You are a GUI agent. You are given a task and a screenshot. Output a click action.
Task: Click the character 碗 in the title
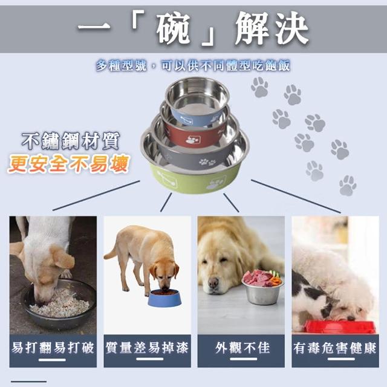173,28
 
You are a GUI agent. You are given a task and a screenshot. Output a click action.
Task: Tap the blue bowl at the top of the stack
197,101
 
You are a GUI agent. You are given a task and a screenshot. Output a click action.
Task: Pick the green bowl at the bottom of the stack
195,178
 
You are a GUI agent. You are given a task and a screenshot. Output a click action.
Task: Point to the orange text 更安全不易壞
68,164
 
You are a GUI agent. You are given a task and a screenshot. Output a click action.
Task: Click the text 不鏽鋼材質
71,141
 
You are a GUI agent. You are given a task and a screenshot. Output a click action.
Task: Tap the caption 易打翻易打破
53,348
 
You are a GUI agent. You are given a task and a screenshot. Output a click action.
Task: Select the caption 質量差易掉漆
147,348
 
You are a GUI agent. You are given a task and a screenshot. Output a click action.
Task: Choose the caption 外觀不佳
242,348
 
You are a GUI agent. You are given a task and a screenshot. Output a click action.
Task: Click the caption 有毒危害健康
335,348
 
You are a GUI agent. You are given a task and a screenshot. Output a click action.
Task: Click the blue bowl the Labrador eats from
164,298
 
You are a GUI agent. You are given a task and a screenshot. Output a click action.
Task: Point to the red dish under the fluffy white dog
340,327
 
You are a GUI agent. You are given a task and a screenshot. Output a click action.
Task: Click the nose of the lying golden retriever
213,282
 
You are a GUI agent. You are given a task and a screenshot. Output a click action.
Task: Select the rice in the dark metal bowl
60,304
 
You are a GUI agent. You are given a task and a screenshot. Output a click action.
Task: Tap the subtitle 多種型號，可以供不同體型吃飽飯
193,66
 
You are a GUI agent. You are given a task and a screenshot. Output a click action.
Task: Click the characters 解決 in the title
272,28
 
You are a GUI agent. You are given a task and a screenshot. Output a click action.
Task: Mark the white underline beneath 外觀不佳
243,359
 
